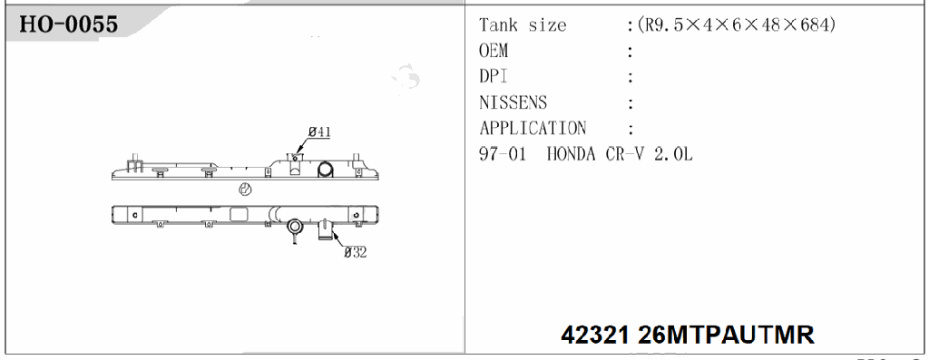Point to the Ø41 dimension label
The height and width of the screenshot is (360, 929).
click(x=318, y=132)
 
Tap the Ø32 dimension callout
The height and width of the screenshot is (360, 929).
click(x=355, y=252)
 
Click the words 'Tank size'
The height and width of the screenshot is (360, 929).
click(x=523, y=25)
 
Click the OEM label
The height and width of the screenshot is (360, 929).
click(x=494, y=52)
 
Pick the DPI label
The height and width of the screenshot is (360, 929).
click(x=493, y=77)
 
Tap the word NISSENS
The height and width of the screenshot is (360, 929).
click(x=513, y=102)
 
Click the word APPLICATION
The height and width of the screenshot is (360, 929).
click(x=533, y=128)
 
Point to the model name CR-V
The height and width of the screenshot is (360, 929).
click(x=629, y=154)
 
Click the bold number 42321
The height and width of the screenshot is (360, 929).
click(x=596, y=335)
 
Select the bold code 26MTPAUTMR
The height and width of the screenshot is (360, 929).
click(x=726, y=335)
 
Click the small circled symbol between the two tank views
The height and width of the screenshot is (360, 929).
click(x=244, y=190)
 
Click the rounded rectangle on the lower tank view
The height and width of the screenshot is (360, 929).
click(x=240, y=214)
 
